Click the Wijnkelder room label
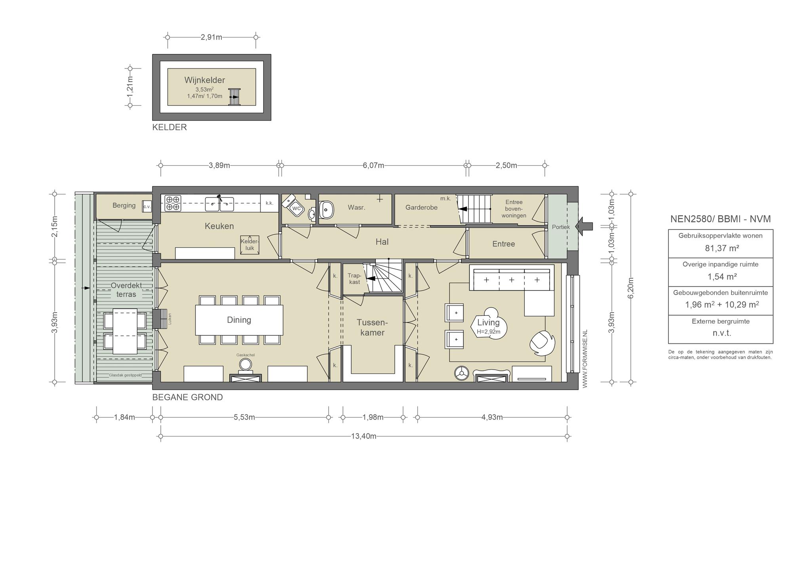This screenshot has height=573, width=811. coord(204,80)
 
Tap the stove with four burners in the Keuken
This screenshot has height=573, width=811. coord(173,203)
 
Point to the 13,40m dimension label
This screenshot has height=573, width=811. coord(364,436)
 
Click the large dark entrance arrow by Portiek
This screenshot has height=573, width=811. coord(584,226)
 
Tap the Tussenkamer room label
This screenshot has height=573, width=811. coord(372,328)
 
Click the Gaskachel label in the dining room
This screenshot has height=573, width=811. coord(246,355)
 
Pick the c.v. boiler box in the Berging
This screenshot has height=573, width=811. coord(147,206)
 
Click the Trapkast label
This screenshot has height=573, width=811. coord(354,279)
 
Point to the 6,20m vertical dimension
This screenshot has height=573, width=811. coord(631,288)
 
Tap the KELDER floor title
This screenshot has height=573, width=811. coord(169,127)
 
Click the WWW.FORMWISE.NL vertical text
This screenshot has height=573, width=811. coord(585,359)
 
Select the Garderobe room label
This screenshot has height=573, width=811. coord(421,207)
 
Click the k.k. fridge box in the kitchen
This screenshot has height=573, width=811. coord(269,203)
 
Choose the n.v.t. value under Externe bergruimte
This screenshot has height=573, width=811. coord(722,333)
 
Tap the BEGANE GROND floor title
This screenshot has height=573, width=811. coord(188,397)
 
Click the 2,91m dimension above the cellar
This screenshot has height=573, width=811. coord(211,37)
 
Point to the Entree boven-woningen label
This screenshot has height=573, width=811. coord(514,209)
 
